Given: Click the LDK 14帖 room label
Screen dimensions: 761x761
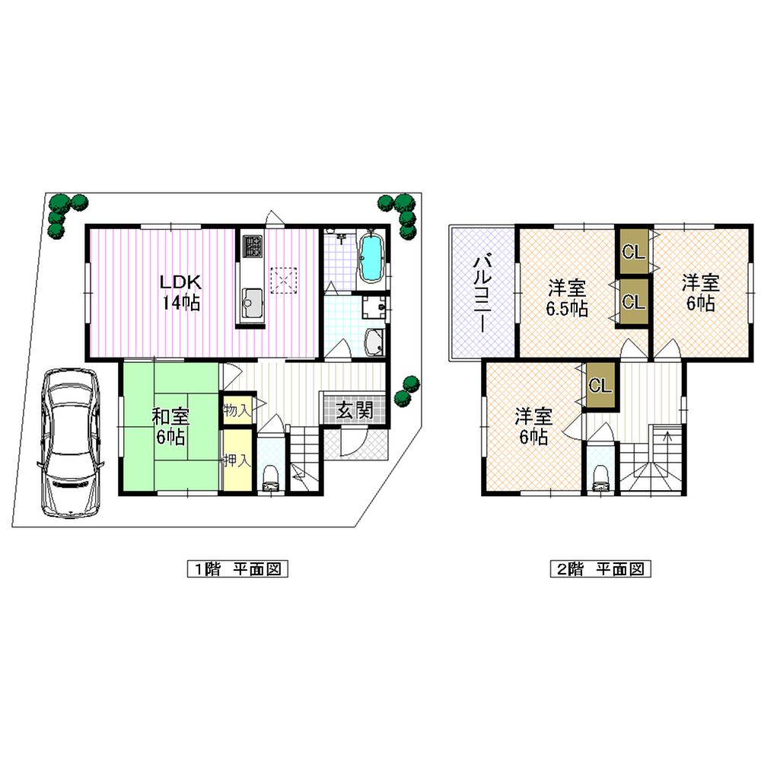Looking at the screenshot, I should coord(180,291).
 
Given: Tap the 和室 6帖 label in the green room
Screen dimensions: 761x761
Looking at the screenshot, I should coord(170,426).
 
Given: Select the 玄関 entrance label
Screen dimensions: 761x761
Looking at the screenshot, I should coord(354,411).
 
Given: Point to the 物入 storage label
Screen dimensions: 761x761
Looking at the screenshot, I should coord(235,410).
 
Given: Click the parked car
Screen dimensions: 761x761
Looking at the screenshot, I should coord(69,441).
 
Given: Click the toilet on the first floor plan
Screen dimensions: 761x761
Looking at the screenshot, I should coord(269,476).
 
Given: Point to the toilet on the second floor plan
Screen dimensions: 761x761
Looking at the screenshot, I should coord(600,477).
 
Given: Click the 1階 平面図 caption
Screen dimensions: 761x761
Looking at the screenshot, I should coord(237,568).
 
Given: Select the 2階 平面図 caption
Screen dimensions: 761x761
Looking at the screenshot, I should coord(600,568).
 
